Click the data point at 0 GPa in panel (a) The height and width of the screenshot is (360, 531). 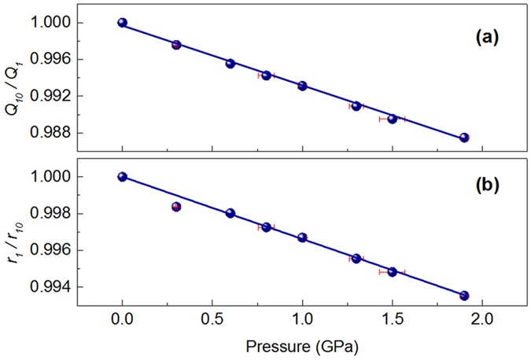(122, 23)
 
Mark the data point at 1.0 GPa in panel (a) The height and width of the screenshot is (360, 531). (302, 86)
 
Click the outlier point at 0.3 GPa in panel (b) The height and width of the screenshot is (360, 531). (176, 207)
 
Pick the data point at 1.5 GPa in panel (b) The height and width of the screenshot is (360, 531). (392, 272)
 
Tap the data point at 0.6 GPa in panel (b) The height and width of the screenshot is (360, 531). (230, 213)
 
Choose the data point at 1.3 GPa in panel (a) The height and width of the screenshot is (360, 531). (356, 105)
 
